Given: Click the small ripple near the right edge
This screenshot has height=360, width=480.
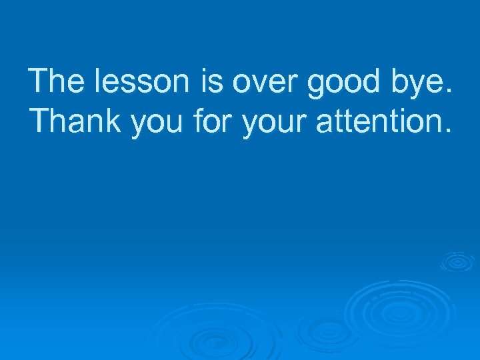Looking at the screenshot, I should point(457,261).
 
